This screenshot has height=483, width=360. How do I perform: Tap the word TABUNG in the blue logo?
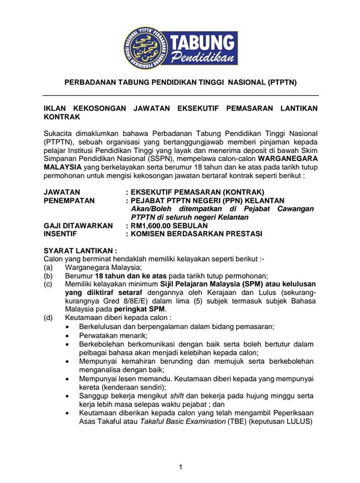[x=202, y=42]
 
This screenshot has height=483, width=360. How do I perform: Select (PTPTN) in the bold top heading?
[x=282, y=82]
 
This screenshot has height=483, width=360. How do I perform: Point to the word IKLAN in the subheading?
[x=55, y=108]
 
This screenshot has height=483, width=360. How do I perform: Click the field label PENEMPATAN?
[x=68, y=200]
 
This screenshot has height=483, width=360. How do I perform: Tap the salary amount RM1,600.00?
[x=153, y=225]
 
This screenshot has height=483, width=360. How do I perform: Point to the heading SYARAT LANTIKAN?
[x=80, y=250]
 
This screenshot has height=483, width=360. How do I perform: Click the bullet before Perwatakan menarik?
[x=68, y=335]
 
